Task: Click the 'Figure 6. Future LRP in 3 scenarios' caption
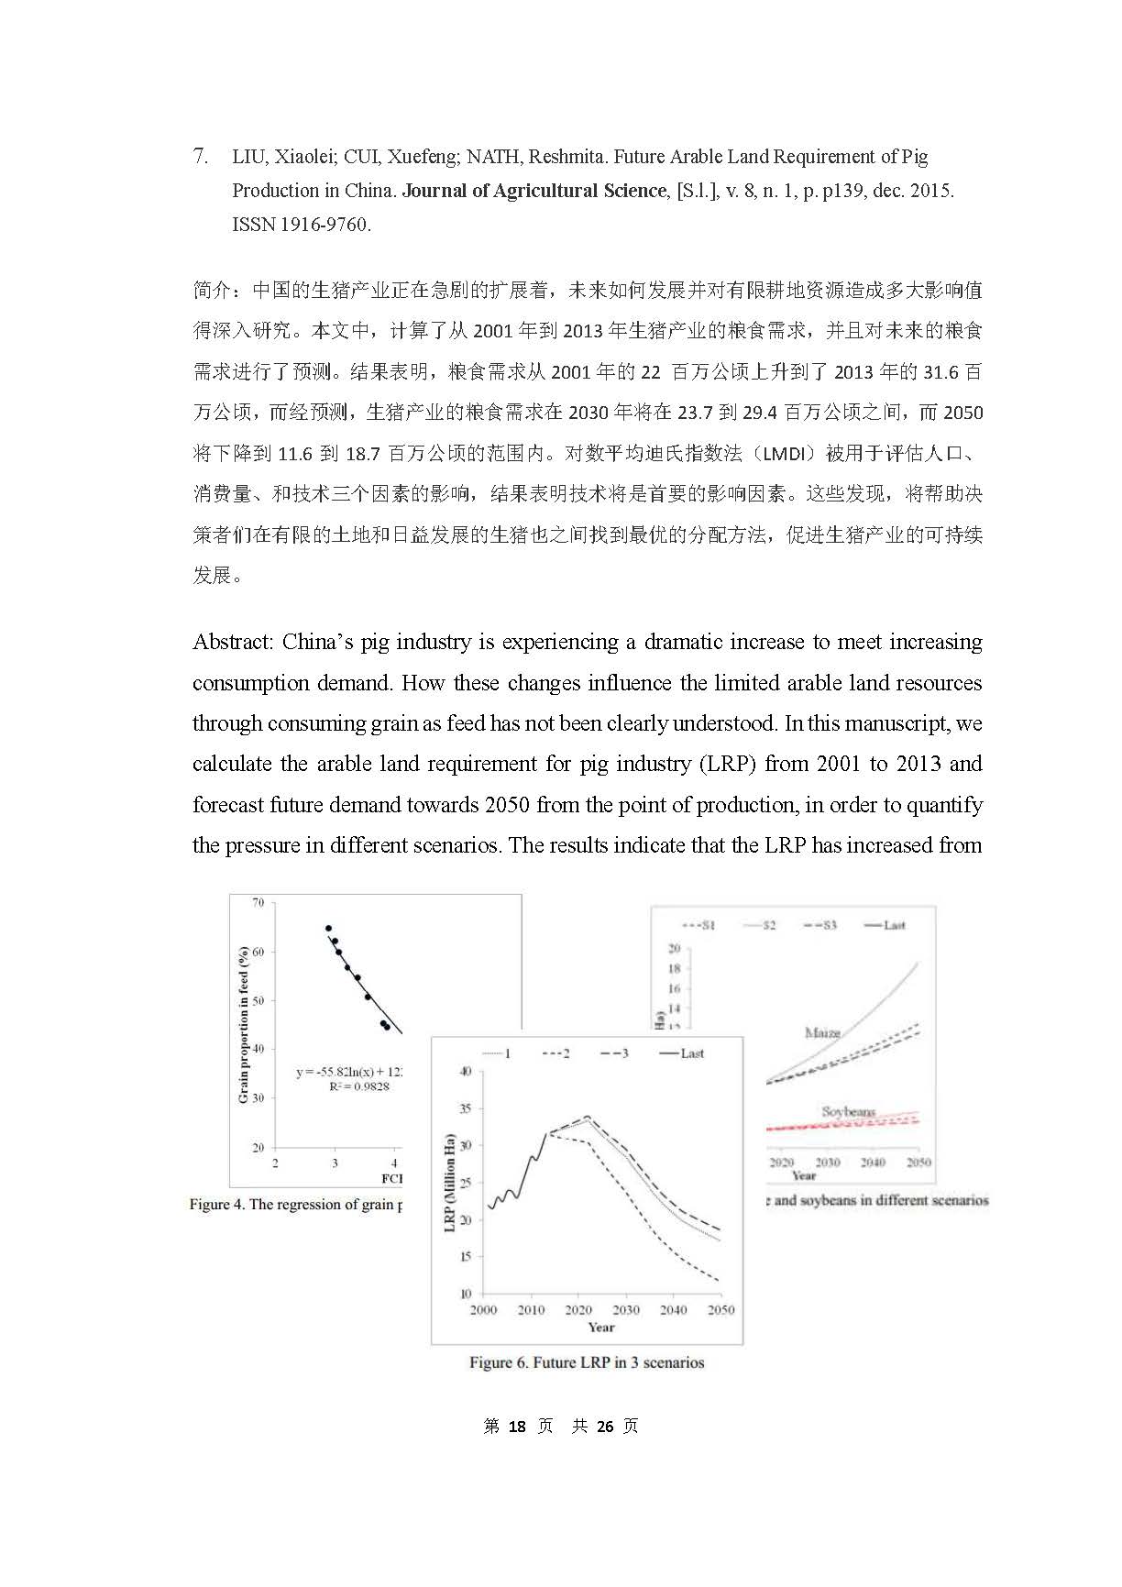pyautogui.click(x=587, y=1362)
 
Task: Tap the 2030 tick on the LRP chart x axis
pyautogui.click(x=626, y=1309)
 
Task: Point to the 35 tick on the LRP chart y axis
pyautogui.click(x=466, y=1108)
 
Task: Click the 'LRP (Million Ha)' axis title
pyautogui.click(x=450, y=1183)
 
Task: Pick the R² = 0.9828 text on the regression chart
pyautogui.click(x=359, y=1086)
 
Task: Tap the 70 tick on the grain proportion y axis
pyautogui.click(x=258, y=903)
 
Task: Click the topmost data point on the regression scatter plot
pyautogui.click(x=328, y=929)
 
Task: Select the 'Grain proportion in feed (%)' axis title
pyautogui.click(x=244, y=1024)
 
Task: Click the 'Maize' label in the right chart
pyautogui.click(x=822, y=1033)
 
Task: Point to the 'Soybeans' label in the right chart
pyautogui.click(x=848, y=1112)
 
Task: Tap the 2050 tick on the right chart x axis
pyautogui.click(x=918, y=1162)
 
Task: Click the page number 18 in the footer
pyautogui.click(x=517, y=1426)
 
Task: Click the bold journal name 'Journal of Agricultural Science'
pyautogui.click(x=534, y=191)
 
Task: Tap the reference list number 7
pyautogui.click(x=201, y=157)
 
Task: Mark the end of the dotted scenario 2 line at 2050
pyautogui.click(x=720, y=1280)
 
